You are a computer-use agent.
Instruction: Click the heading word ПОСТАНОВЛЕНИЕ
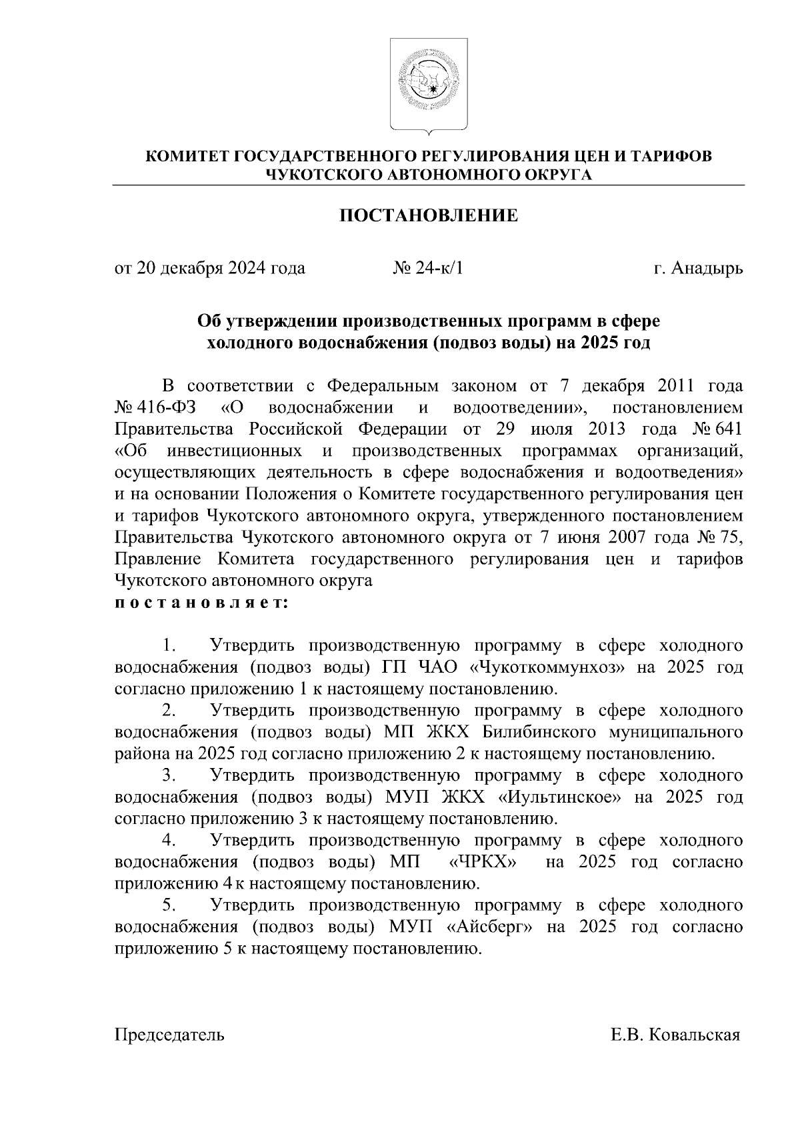point(429,216)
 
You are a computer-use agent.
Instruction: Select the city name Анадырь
point(707,269)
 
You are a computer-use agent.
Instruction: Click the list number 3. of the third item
point(169,776)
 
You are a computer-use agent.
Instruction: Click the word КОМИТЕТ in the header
point(186,157)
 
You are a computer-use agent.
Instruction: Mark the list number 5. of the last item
point(169,905)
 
